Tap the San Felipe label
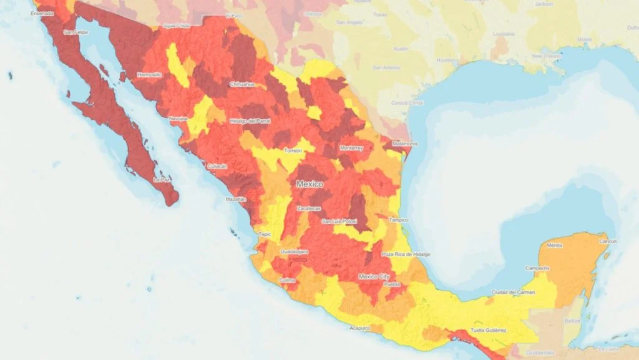(76, 32)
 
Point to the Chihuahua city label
(242, 84)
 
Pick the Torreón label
(293, 151)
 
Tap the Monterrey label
(351, 148)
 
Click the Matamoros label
(404, 144)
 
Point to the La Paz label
(162, 180)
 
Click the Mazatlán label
(236, 200)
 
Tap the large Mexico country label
(310, 185)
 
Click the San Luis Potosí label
(339, 221)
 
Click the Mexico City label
(374, 276)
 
